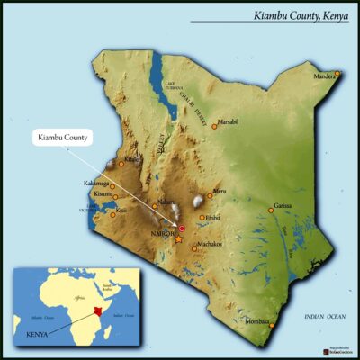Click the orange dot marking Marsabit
[214, 127]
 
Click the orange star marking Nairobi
[177, 240]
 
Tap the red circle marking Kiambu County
[181, 229]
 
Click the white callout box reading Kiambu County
[64, 138]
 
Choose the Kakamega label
[96, 184]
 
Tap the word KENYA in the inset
[31, 331]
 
